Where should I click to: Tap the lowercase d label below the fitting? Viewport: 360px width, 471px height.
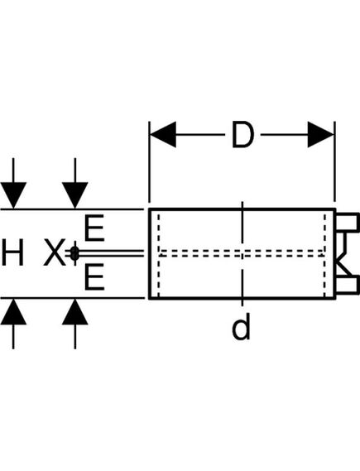click(241, 329)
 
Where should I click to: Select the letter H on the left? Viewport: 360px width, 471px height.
click(12, 252)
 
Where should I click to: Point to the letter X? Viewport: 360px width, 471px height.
click(54, 253)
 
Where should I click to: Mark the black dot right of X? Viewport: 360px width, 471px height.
click(74, 253)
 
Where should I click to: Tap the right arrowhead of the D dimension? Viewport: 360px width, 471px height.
click(320, 135)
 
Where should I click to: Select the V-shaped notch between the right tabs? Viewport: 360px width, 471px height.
click(343, 254)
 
